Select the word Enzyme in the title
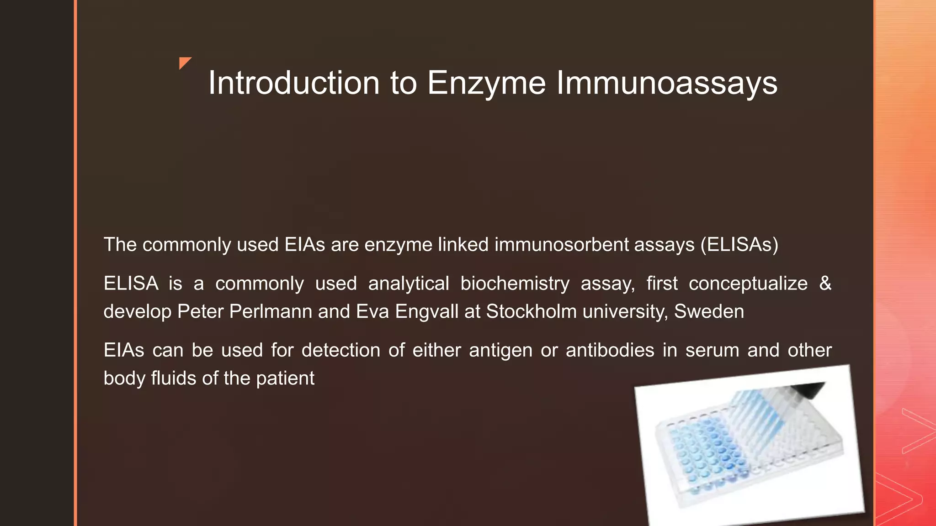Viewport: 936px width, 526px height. pyautogui.click(x=486, y=83)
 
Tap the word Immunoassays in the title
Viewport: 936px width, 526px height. pyautogui.click(x=666, y=83)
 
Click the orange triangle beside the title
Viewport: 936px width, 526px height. pyautogui.click(x=185, y=63)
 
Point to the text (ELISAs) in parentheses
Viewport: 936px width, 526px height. pyautogui.click(x=739, y=245)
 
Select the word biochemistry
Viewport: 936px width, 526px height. pyautogui.click(x=515, y=284)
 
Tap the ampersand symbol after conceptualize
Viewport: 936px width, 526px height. pyautogui.click(x=825, y=283)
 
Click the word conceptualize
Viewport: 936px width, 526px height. pyautogui.click(x=748, y=284)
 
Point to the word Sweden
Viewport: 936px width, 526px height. pyautogui.click(x=709, y=311)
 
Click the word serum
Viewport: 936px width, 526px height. pyautogui.click(x=712, y=350)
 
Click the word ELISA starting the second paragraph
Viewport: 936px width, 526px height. pyautogui.click(x=131, y=284)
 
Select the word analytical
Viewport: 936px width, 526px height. pyautogui.click(x=409, y=284)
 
